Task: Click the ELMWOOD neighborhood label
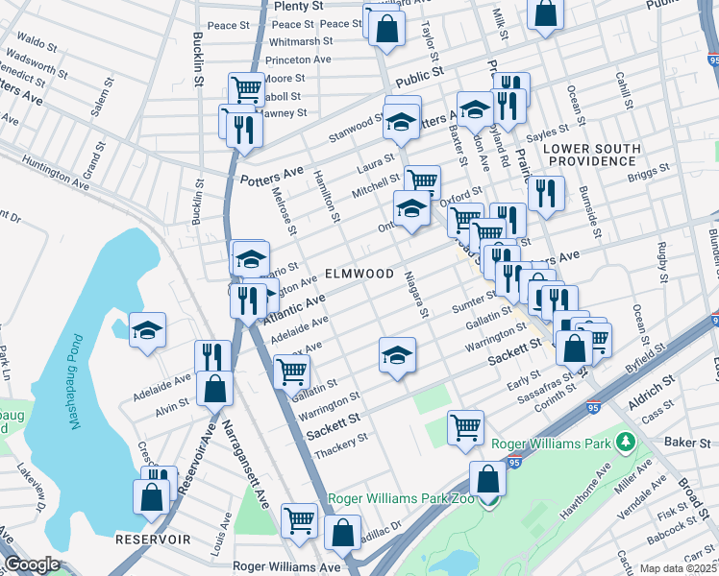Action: click(359, 274)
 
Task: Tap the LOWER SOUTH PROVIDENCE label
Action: click(590, 155)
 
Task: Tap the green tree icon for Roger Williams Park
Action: click(627, 442)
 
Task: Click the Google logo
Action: click(32, 564)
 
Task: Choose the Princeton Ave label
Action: click(299, 59)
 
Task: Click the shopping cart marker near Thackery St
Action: click(466, 427)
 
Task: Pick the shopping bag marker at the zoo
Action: click(488, 479)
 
